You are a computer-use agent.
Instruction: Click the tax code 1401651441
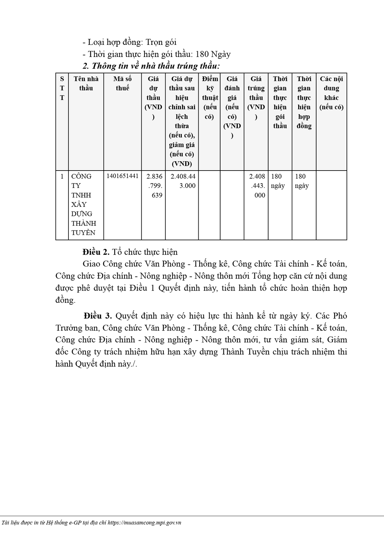coord(123,176)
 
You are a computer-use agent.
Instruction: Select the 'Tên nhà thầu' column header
coord(86,83)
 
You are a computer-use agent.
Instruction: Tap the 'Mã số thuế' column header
coord(123,83)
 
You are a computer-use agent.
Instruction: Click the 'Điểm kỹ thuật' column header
coord(209,97)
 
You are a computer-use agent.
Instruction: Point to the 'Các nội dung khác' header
coord(332,93)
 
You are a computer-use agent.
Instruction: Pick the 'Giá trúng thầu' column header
coord(256,97)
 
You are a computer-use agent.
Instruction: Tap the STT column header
coord(62,88)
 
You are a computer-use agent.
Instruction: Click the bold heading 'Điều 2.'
coord(96,252)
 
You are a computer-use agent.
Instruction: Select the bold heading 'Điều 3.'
coord(98,316)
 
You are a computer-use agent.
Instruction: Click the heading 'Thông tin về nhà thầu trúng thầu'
coord(151,66)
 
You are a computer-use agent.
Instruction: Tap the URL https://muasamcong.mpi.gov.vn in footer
coord(144,523)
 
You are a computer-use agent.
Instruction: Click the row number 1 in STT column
coord(62,176)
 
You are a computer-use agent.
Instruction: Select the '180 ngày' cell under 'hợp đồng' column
coord(302,181)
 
